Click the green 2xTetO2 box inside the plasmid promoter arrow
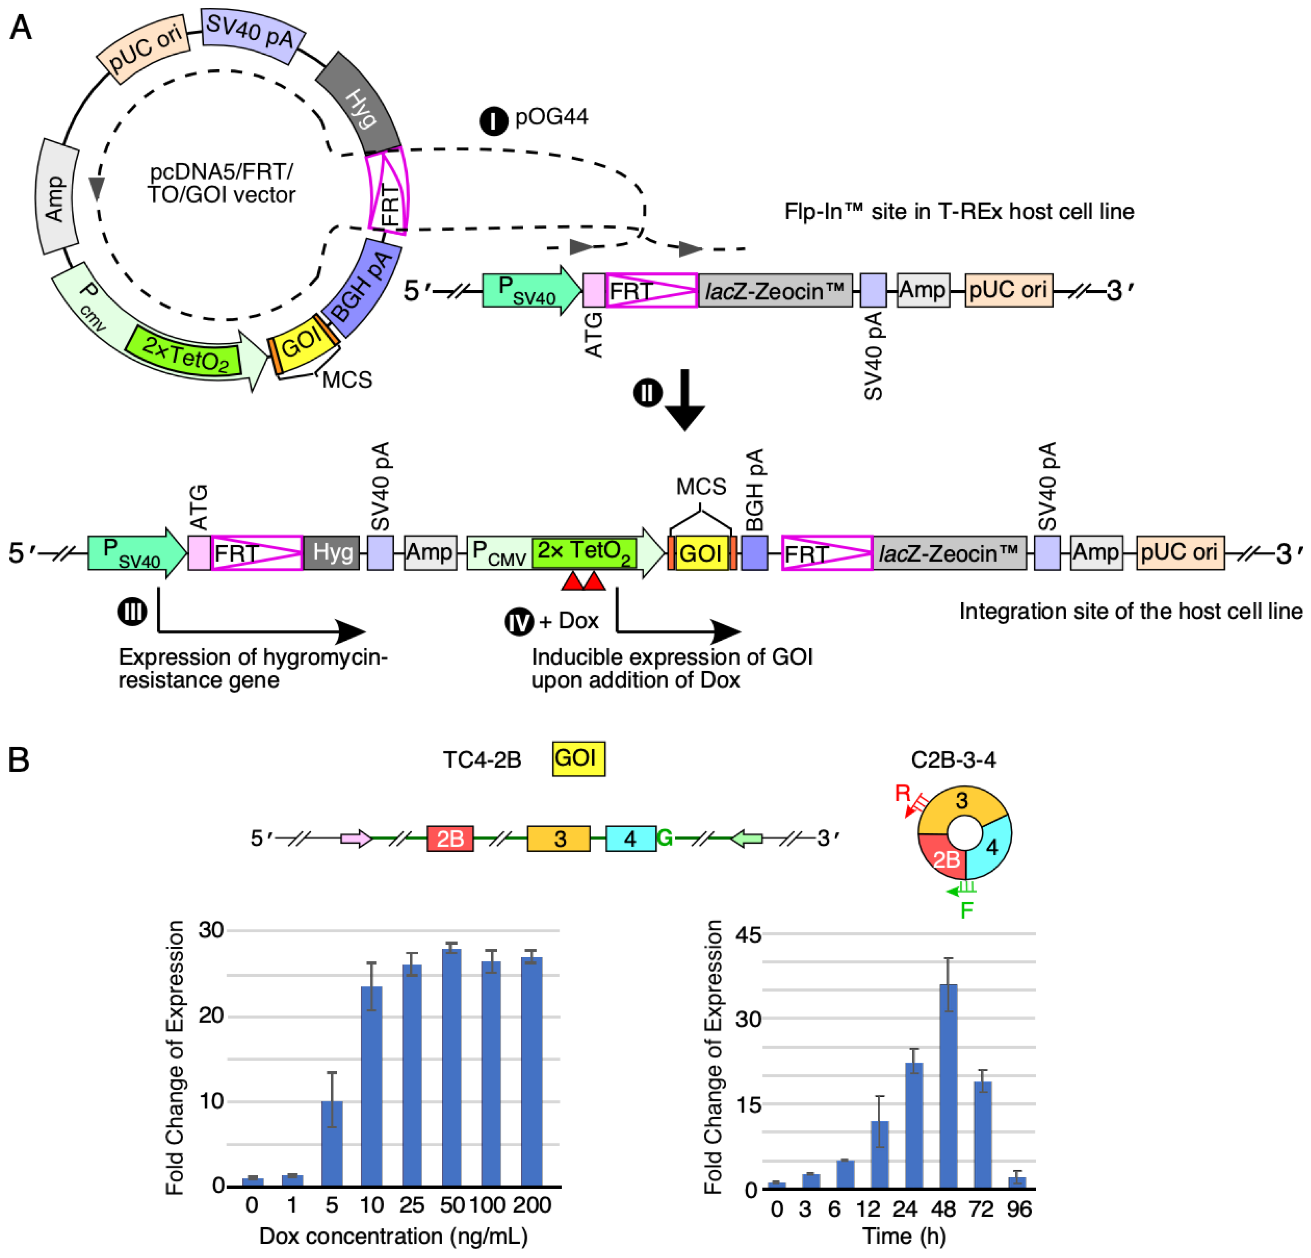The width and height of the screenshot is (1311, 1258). point(184,353)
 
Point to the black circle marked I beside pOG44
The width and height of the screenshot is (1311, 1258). point(494,121)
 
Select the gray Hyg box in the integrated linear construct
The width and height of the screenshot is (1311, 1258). point(332,552)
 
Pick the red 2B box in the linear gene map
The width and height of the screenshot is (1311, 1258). point(450,838)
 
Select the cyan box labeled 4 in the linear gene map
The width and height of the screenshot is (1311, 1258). point(630,838)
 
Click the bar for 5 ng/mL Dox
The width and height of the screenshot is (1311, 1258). point(332,1142)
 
